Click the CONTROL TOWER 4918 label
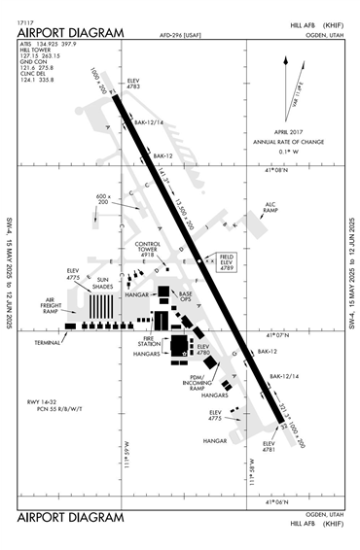point(148,250)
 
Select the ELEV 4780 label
point(202,350)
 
